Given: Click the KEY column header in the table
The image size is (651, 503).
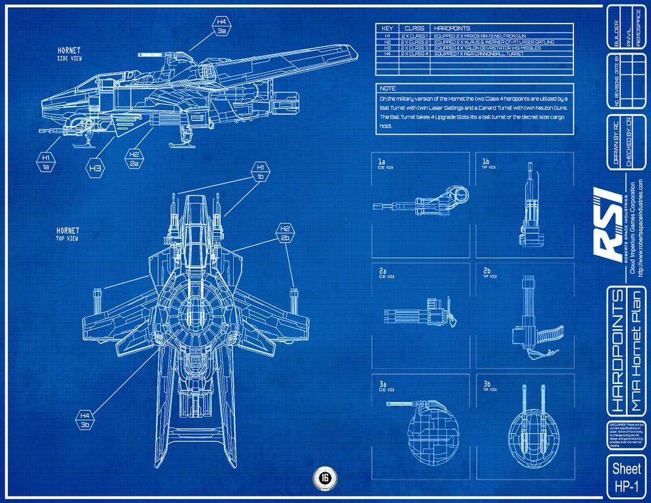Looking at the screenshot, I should click(x=387, y=29).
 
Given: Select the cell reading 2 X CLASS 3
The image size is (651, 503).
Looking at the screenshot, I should click(x=415, y=48).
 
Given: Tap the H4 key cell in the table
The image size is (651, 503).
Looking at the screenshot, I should click(x=387, y=54).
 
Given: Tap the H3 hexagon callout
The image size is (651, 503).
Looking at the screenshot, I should click(x=95, y=168).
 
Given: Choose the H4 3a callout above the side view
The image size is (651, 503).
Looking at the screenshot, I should click(x=221, y=26).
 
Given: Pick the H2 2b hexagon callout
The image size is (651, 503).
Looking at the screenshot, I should click(x=285, y=234).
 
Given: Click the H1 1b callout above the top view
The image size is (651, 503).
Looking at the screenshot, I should click(x=259, y=172).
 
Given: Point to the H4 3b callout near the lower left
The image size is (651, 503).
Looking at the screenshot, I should click(x=85, y=420).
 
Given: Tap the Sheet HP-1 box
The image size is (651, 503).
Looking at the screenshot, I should click(x=626, y=476).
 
